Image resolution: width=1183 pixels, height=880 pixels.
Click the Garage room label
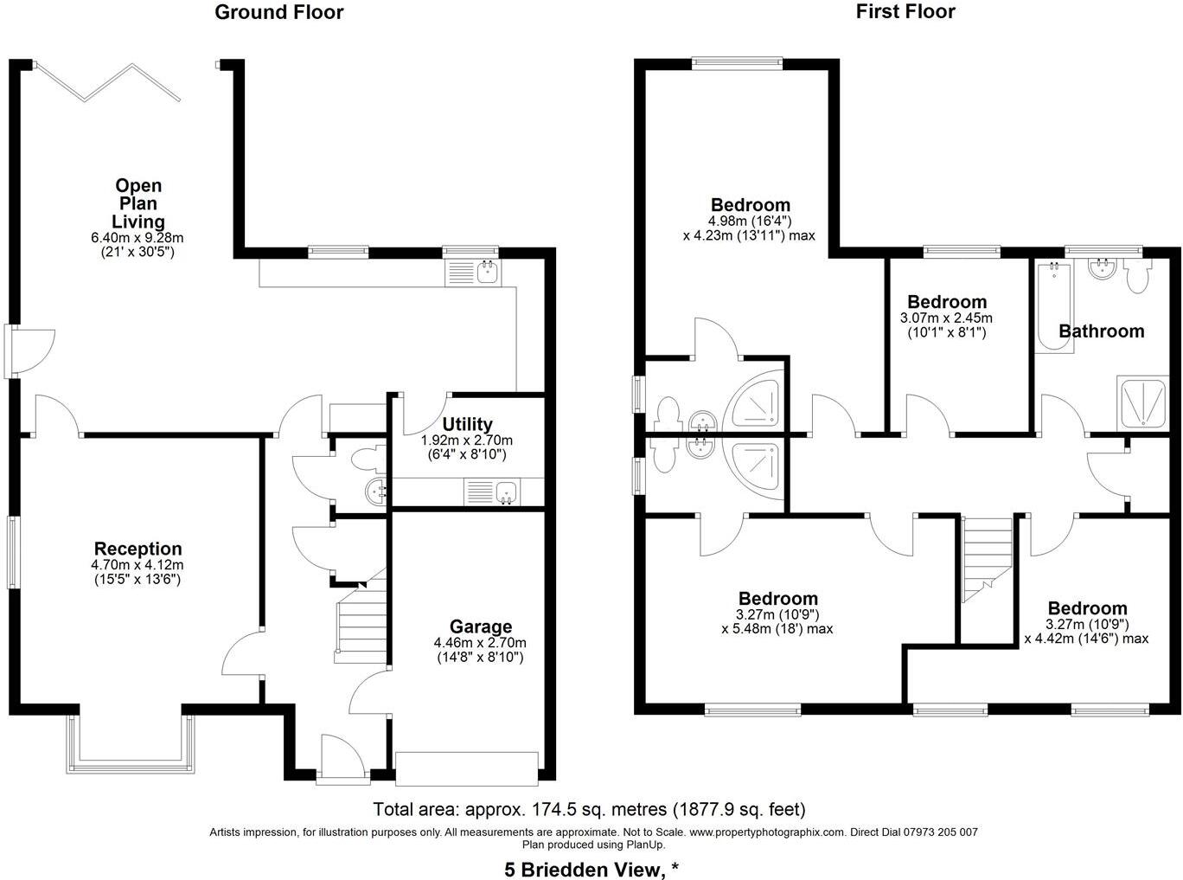pyautogui.click(x=480, y=626)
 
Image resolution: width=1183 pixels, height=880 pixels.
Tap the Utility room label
pyautogui.click(x=467, y=424)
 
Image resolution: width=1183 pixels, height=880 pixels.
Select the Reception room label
pyautogui.click(x=137, y=549)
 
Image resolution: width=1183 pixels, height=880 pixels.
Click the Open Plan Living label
pyautogui.click(x=138, y=203)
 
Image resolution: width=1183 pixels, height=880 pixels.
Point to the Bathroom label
pyautogui.click(x=1101, y=331)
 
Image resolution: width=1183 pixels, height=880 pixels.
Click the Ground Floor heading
pyautogui.click(x=278, y=12)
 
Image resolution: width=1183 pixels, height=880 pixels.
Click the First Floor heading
pyautogui.click(x=905, y=11)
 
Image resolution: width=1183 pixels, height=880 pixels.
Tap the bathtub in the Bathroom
pyautogui.click(x=1053, y=306)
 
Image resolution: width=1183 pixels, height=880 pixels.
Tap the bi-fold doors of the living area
pyautogui.click(x=108, y=82)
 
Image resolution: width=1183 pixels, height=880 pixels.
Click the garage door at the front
pyautogui.click(x=466, y=768)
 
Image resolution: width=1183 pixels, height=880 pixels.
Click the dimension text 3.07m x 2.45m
pyautogui.click(x=947, y=318)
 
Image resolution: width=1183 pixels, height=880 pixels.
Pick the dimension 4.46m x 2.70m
pyautogui.click(x=480, y=643)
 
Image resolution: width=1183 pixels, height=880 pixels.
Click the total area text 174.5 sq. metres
pyautogui.click(x=589, y=810)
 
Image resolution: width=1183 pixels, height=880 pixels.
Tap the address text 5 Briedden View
pyautogui.click(x=591, y=869)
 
